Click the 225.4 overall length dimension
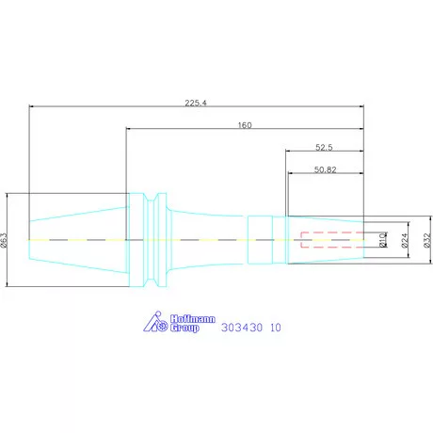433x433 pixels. point(196,103)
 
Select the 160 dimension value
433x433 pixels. point(245,125)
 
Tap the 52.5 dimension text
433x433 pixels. point(324,147)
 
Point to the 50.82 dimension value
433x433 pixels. point(326,169)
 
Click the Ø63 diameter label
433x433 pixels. point(4,240)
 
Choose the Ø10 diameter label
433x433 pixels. point(383,240)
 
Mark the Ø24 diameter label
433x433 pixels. point(405,240)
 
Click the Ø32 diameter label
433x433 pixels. point(427,240)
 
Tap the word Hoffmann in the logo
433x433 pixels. point(193,319)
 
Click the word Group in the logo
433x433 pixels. point(184,328)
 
